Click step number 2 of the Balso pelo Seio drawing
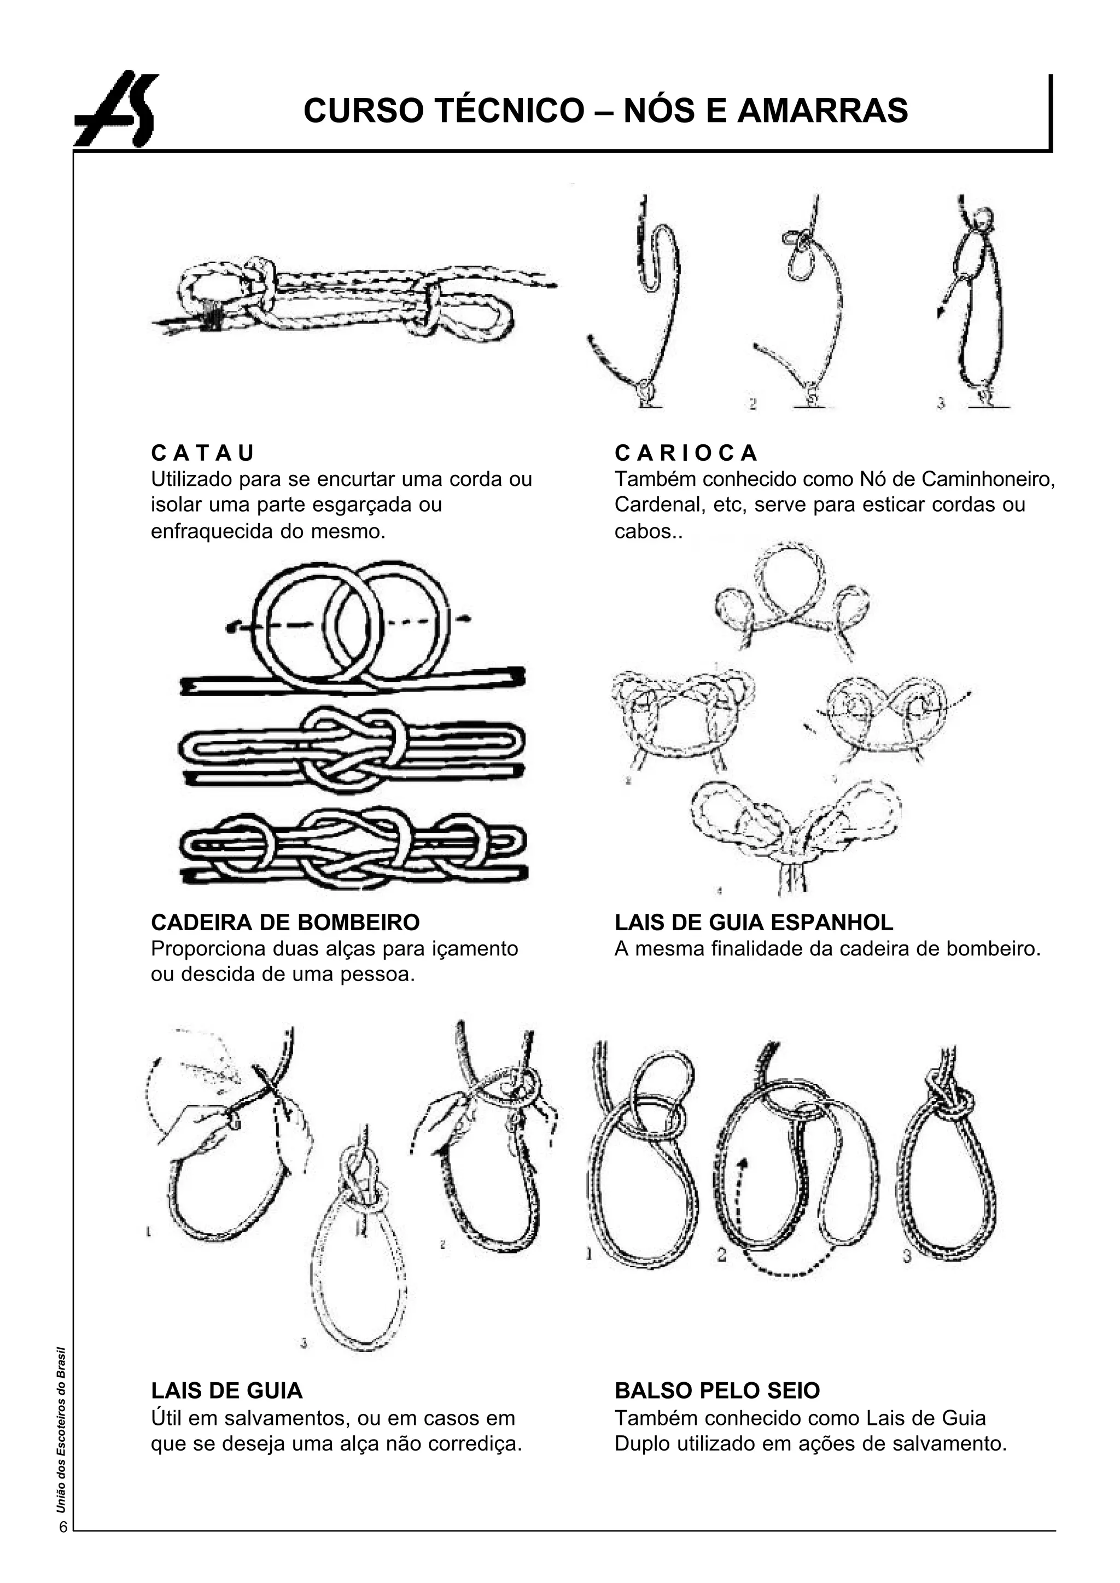[x=721, y=1254]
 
